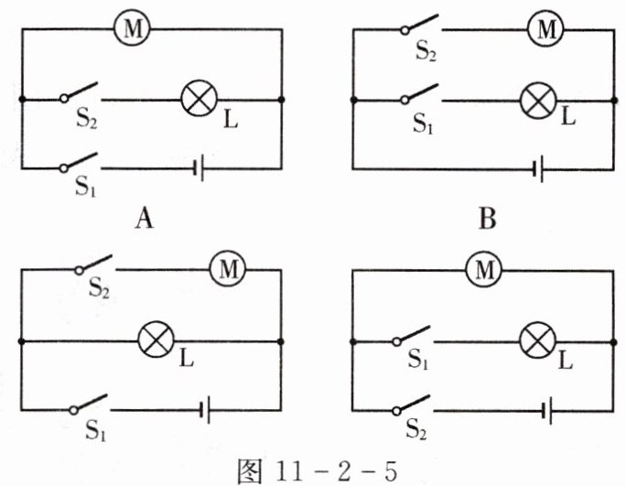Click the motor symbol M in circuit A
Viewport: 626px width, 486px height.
pyautogui.click(x=132, y=30)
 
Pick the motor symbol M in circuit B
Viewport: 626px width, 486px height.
pyautogui.click(x=546, y=30)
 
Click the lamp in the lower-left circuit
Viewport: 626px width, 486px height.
pyautogui.click(x=154, y=340)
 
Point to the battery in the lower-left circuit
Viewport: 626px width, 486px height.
pyautogui.click(x=205, y=412)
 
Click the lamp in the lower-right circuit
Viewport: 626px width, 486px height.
pyautogui.click(x=536, y=340)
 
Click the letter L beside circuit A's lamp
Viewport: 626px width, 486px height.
pyautogui.click(x=231, y=120)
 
